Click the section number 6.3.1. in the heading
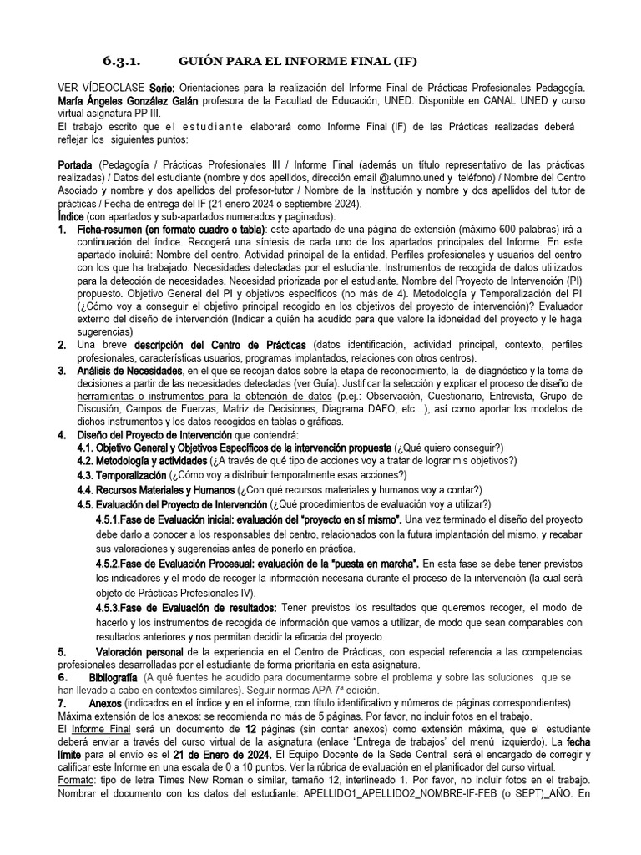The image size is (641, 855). click(x=123, y=61)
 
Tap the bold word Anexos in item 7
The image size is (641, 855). click(x=105, y=703)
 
